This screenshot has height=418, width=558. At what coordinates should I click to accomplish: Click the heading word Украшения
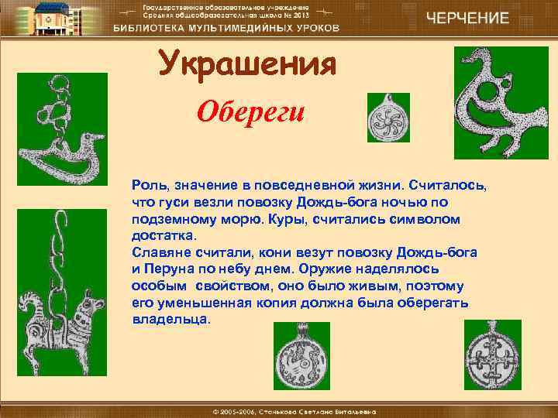[247, 64]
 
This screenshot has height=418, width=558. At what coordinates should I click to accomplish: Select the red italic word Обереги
[251, 112]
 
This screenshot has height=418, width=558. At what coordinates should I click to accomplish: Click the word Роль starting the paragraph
[148, 186]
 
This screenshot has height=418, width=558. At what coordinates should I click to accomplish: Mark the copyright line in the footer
[279, 408]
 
